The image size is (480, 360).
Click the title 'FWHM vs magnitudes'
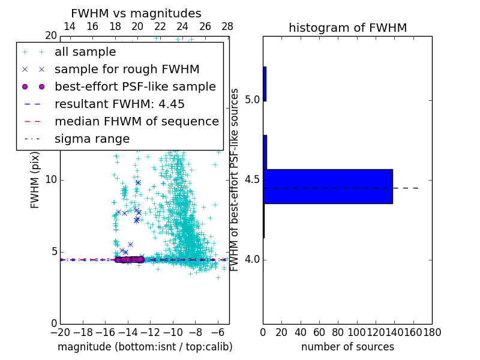pos(136,14)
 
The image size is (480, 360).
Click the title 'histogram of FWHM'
pos(347,28)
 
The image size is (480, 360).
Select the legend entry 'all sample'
pos(85,52)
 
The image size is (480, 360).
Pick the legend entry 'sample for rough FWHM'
pos(127,70)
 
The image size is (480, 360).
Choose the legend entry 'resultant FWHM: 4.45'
pos(119,104)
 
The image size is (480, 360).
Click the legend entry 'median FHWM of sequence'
pos(136,122)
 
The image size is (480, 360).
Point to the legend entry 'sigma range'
pos(92,139)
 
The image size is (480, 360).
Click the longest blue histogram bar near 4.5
pos(328,187)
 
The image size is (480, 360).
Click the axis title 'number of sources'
pos(347,347)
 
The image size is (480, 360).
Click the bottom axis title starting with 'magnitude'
pos(145,347)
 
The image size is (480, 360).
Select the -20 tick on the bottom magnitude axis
pos(60,332)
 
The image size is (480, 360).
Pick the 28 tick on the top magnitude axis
pos(227,26)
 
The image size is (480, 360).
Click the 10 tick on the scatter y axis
pos(52,180)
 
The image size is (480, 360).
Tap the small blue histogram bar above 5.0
pos(265,83)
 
